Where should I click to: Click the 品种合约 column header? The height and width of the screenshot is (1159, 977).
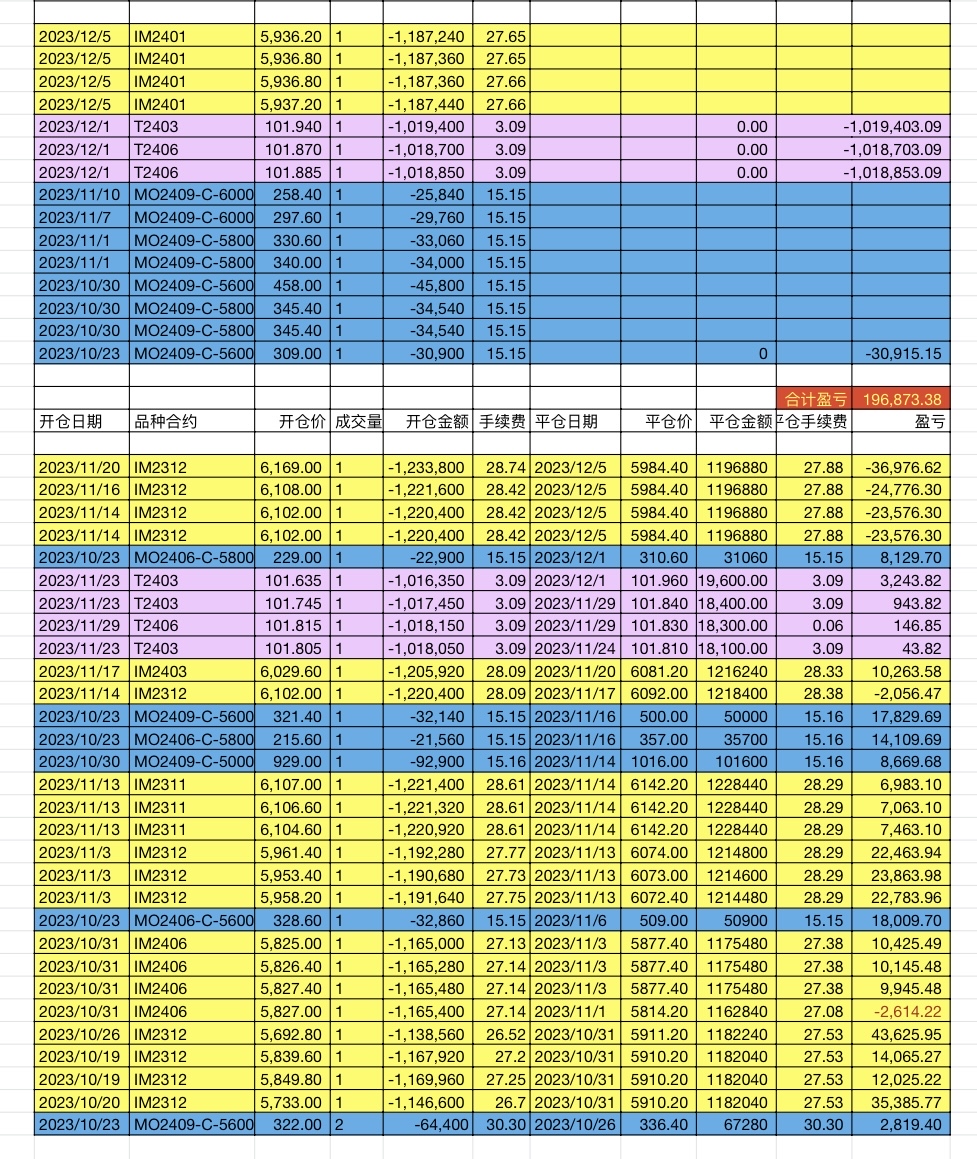(x=165, y=422)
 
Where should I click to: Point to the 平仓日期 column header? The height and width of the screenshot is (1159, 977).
(x=566, y=422)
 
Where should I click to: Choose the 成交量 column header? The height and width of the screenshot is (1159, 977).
(x=357, y=422)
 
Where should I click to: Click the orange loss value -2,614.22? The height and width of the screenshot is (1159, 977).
(x=906, y=1012)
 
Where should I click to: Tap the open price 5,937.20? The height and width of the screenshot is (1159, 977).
(x=291, y=104)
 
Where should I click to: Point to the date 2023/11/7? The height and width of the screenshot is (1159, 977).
(x=77, y=218)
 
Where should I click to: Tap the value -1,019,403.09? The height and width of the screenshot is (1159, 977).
(x=893, y=127)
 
